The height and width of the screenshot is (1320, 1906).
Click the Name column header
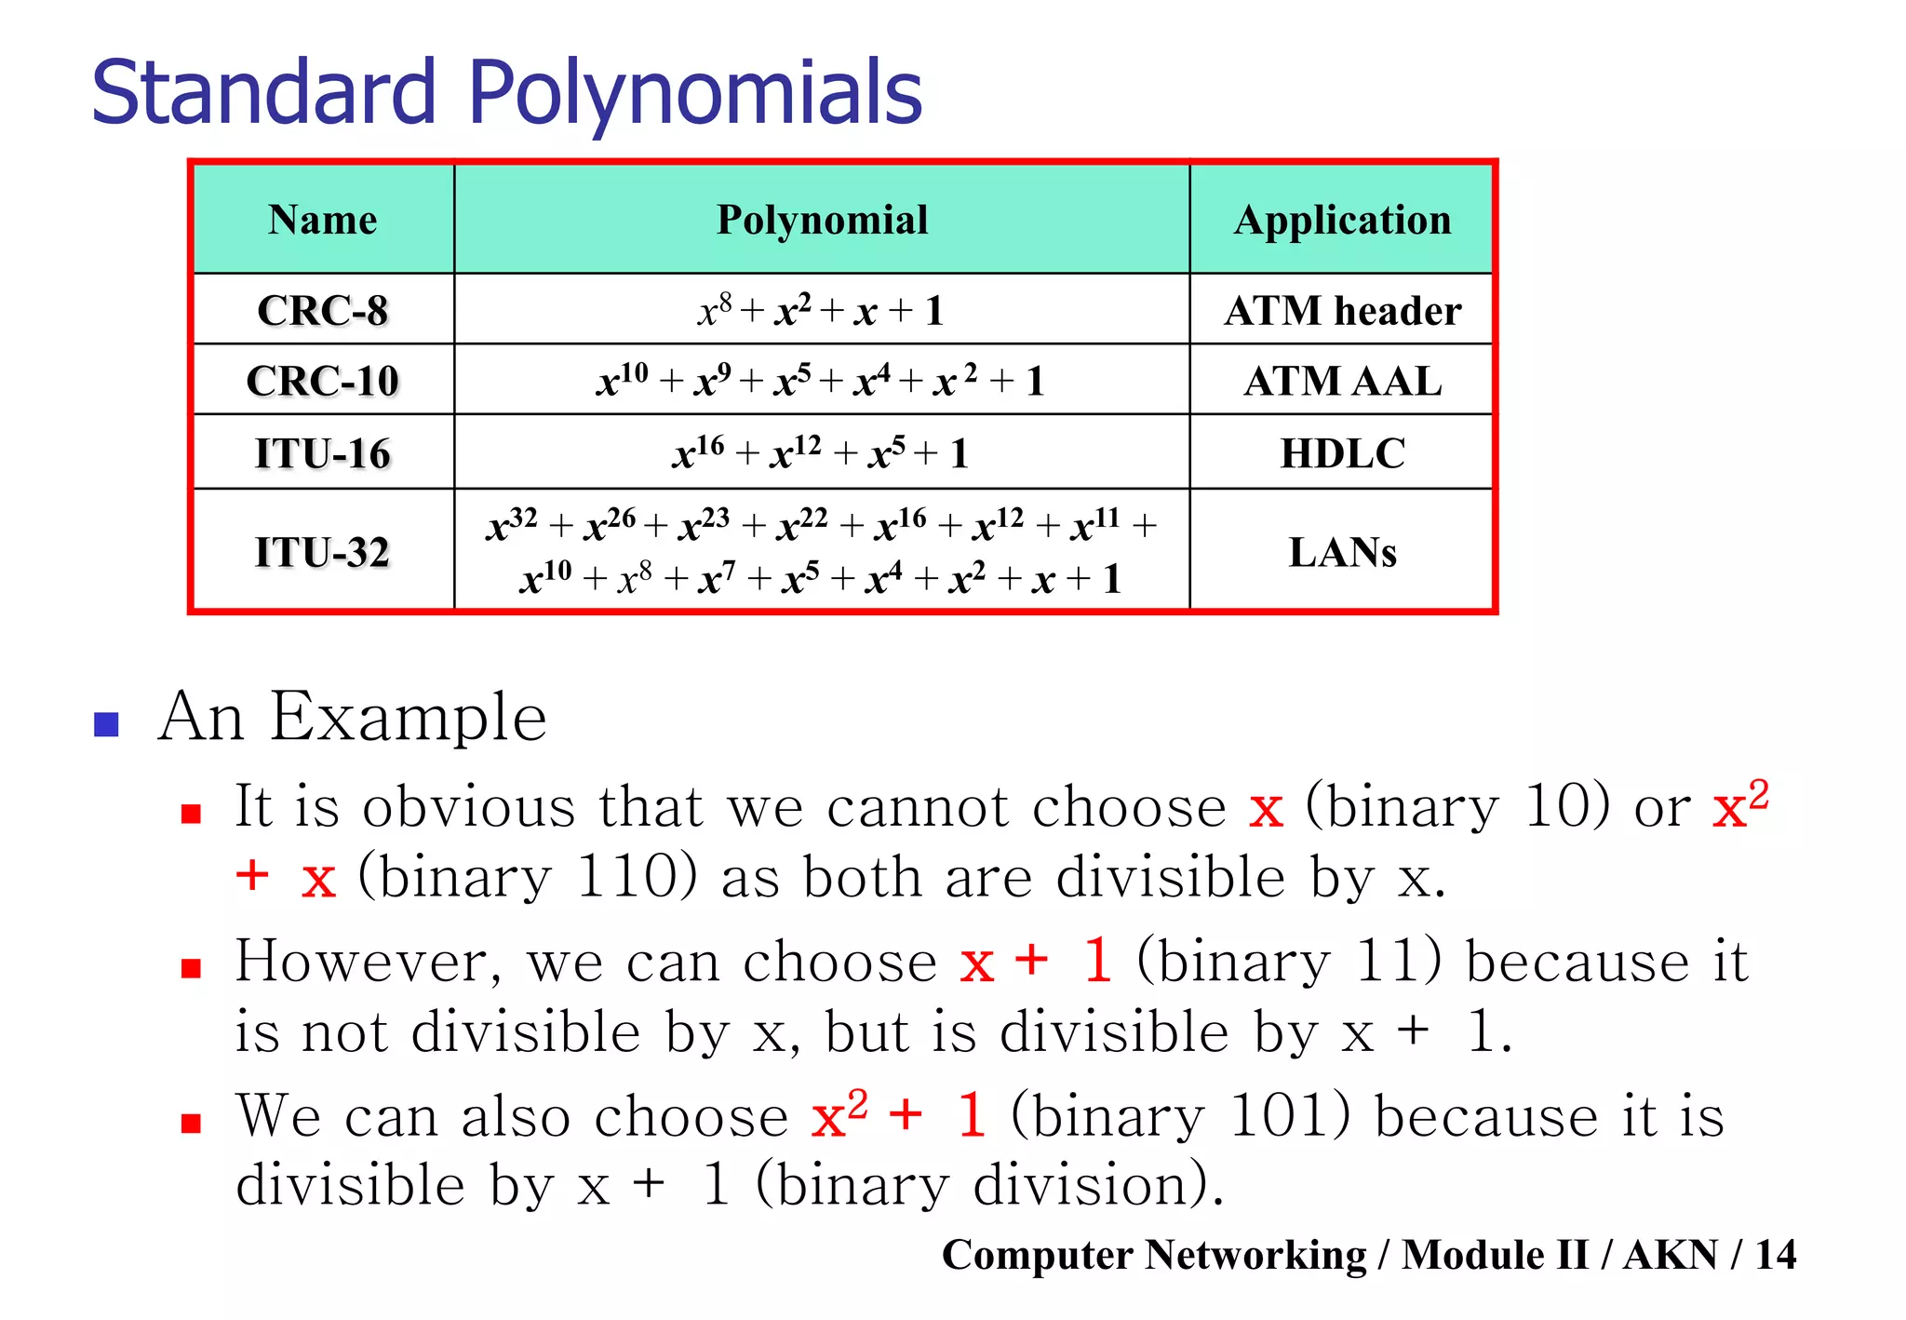[x=322, y=221]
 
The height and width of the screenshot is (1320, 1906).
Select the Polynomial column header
[x=822, y=221]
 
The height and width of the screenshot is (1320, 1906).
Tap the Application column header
[x=1342, y=221]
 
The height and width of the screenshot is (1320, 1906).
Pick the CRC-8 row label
[x=322, y=310]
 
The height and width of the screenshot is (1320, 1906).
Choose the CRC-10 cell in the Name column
[x=322, y=381]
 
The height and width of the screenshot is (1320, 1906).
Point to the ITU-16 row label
[x=322, y=453]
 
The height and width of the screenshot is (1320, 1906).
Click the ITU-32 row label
[x=322, y=552]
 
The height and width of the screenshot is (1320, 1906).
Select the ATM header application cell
[x=1342, y=310]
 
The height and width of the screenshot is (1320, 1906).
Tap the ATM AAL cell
[x=1342, y=381]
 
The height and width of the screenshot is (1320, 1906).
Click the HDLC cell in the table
[x=1342, y=453]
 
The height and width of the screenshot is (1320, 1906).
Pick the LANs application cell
[x=1342, y=552]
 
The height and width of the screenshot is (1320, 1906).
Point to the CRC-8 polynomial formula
[x=821, y=310]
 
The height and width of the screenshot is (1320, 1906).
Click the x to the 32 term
[x=511, y=525]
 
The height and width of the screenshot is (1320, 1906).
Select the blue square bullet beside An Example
[x=107, y=724]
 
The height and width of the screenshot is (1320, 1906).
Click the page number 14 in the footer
[x=1775, y=1255]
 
